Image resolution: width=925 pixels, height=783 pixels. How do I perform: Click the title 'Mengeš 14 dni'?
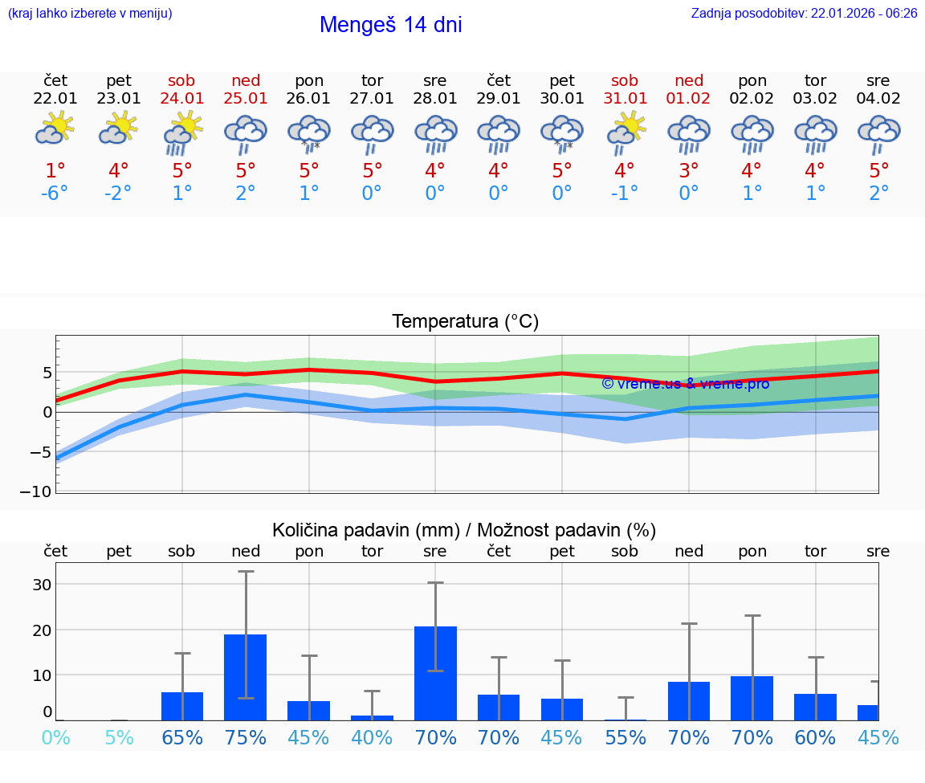390,25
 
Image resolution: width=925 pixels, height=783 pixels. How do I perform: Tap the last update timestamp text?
804,14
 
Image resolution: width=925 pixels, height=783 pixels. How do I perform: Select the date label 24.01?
182,99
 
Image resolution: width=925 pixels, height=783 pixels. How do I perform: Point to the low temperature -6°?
55,194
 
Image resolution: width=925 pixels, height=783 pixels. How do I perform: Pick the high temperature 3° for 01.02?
688,171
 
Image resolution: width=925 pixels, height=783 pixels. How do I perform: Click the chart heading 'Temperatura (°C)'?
465,322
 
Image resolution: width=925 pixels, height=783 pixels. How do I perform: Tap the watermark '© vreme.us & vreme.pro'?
685,384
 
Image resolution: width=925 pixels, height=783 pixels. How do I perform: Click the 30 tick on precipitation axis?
41,585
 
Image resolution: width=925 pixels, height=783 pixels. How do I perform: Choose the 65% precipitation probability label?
182,737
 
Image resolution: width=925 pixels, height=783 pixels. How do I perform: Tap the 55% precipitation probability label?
625,737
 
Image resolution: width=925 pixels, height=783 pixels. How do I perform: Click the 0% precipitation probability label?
55,737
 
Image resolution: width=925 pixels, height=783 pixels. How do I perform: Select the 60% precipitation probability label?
815,737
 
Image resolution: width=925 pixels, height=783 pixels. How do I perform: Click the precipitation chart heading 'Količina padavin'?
365,530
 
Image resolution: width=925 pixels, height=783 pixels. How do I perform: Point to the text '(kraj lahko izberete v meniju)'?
90,14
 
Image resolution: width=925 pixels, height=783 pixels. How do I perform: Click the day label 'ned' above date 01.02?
688,80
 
